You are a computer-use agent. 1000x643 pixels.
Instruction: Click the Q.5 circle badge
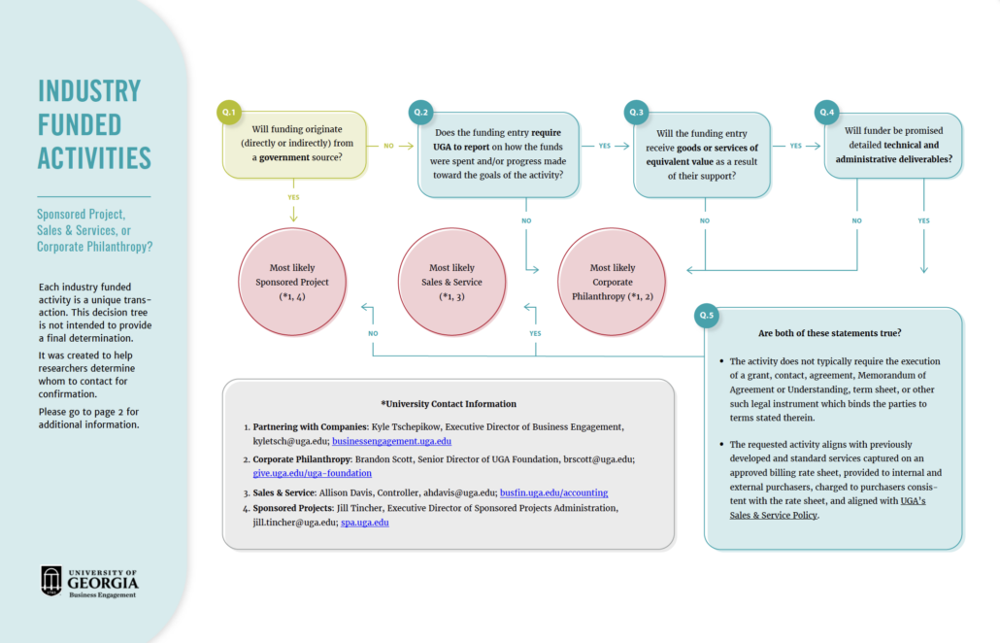(708, 316)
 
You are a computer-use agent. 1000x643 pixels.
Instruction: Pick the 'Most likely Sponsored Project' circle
(292, 282)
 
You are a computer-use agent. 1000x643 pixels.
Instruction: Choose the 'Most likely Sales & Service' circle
(452, 282)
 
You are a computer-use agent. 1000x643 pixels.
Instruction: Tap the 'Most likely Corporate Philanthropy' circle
(612, 282)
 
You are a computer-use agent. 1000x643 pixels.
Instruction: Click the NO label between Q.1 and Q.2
(388, 146)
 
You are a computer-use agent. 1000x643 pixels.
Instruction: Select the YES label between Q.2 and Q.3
(605, 146)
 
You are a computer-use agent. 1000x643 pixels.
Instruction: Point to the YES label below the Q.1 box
(293, 196)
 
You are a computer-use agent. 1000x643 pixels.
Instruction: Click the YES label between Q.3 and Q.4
(796, 146)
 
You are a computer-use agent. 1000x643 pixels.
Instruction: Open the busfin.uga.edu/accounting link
(553, 492)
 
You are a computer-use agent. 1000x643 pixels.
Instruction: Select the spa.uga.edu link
(365, 523)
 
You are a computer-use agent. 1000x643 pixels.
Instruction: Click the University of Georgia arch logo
(51, 580)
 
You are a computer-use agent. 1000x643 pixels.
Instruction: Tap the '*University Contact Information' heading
(449, 404)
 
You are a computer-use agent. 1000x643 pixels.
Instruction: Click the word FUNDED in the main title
(80, 124)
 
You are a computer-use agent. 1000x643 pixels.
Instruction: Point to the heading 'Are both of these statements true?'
(829, 333)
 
